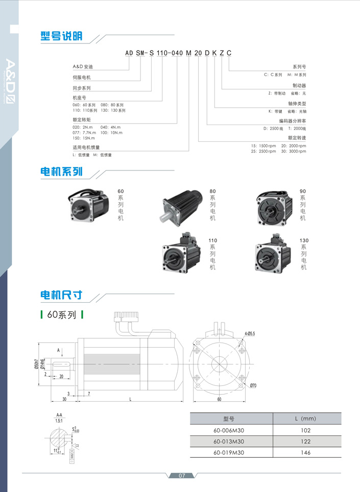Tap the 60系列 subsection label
pyautogui.click(x=61, y=315)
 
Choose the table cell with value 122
pyautogui.click(x=305, y=441)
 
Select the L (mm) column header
pyautogui.click(x=305, y=419)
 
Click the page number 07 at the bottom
pyautogui.click(x=181, y=476)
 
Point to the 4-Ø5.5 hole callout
pyautogui.click(x=250, y=333)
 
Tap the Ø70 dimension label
pyautogui.click(x=253, y=385)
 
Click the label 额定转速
pyautogui.click(x=297, y=137)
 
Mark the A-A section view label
pyautogui.click(x=59, y=415)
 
